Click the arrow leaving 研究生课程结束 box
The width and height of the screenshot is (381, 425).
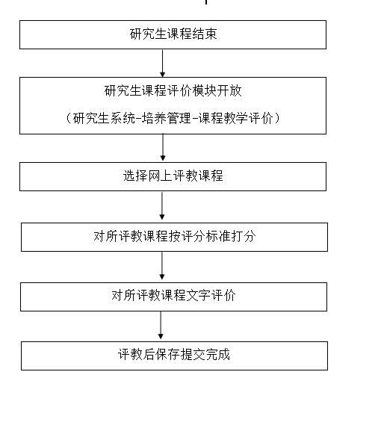162,63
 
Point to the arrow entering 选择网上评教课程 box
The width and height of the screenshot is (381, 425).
163,147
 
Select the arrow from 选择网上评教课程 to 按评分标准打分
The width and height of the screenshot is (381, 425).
162,206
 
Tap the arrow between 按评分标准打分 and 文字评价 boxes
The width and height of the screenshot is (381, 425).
162,266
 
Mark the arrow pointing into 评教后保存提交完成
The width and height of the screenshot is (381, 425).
161,325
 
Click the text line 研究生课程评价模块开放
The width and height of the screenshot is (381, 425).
173,90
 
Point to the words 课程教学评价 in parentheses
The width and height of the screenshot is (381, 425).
235,118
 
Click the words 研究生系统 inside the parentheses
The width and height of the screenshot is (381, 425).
104,118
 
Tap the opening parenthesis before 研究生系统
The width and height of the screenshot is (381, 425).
69,118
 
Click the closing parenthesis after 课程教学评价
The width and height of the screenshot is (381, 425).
277,118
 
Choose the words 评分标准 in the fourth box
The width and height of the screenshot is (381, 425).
206,236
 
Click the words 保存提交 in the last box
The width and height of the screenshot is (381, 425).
180,354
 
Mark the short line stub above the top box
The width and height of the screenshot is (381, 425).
206,2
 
